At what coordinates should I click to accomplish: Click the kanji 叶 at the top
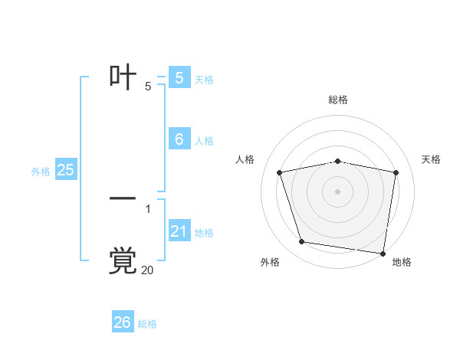point(123,77)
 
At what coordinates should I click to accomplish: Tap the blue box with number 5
point(179,77)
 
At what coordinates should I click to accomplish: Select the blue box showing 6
point(179,139)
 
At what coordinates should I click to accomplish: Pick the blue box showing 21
point(179,231)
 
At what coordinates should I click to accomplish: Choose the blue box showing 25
point(66,170)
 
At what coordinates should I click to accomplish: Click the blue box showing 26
point(123,322)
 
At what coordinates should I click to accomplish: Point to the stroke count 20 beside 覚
point(147,270)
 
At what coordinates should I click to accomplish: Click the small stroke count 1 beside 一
point(148,208)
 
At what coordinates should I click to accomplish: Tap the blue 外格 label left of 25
point(41,172)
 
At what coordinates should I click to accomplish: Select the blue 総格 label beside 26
point(148,324)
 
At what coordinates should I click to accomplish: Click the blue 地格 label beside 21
point(205,233)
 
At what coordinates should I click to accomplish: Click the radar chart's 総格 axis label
point(338,100)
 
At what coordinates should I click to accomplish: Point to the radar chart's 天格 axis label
point(432,159)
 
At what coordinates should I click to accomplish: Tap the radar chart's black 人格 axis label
point(245,159)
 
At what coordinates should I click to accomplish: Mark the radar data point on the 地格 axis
point(383,253)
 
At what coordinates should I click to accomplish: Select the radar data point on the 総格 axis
point(338,161)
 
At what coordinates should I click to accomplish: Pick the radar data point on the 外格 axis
point(302,242)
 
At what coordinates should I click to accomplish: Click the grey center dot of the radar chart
point(338,191)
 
